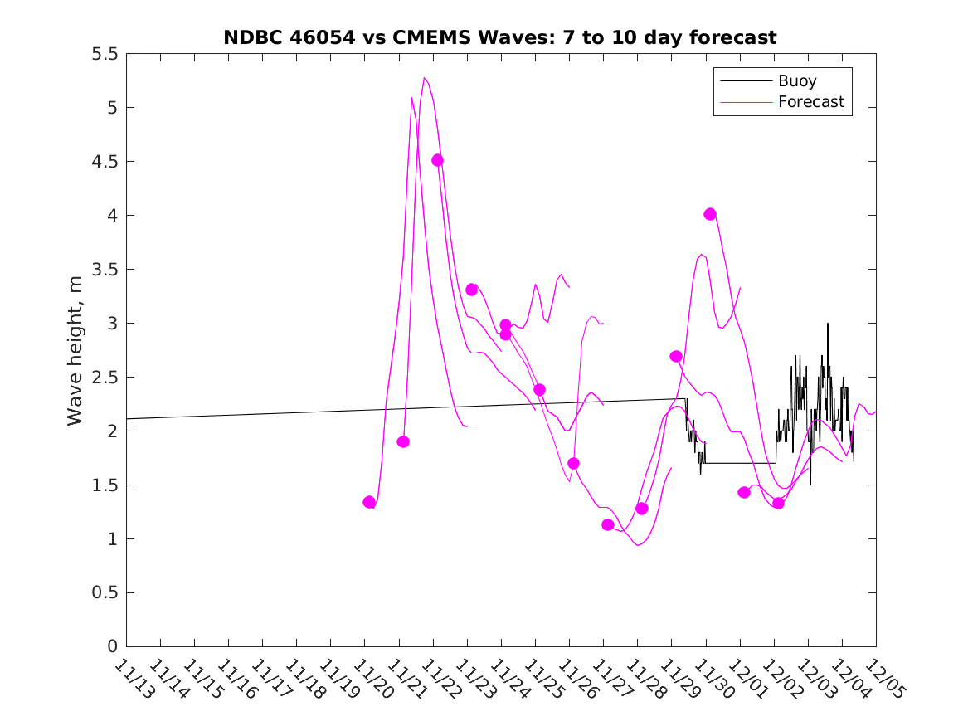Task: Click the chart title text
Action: tap(500, 37)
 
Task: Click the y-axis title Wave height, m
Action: tap(75, 349)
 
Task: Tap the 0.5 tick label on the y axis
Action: tap(105, 593)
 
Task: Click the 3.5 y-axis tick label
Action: tap(105, 270)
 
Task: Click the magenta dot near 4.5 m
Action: tap(437, 160)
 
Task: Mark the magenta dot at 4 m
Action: tap(710, 214)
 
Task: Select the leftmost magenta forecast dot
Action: tap(369, 502)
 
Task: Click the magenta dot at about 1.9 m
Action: tap(403, 441)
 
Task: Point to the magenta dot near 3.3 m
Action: tap(471, 290)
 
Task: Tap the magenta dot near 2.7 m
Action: tap(676, 356)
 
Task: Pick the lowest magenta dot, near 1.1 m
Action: tap(607, 524)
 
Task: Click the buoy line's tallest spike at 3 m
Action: tap(827, 324)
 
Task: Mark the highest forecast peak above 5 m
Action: tap(425, 78)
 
